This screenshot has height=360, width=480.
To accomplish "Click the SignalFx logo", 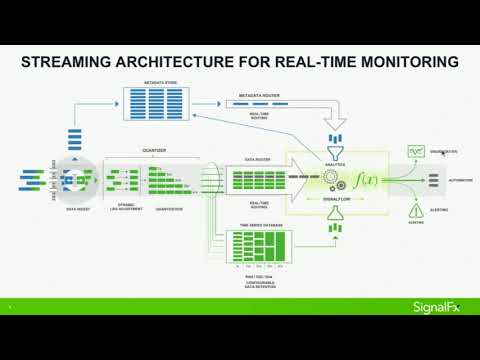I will (x=437, y=306).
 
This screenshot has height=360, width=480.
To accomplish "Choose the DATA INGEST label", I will (x=79, y=209).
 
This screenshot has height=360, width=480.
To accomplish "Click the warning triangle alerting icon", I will (x=416, y=211).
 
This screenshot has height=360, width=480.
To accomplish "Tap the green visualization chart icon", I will (x=416, y=151).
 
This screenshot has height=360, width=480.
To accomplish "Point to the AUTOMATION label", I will (x=461, y=181).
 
